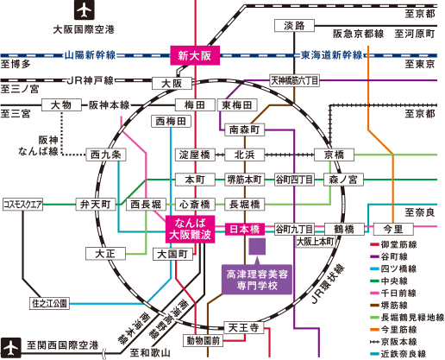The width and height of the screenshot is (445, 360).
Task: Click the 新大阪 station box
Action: pos(195,55)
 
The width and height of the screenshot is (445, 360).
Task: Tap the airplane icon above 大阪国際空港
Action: pos(85,10)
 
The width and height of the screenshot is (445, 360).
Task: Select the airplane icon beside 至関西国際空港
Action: pos(10,348)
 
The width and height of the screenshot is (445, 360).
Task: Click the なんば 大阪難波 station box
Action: pos(190,229)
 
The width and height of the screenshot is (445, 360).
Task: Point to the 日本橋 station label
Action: pos(245,230)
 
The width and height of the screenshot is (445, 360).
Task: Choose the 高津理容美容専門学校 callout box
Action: pos(257,280)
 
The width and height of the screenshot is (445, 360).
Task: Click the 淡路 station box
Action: pos(294,26)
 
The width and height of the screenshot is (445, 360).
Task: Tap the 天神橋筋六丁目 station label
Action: pos(295,80)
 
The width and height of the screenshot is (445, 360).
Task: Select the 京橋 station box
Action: pos(334,155)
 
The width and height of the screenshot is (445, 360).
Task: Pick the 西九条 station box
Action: pos(106,155)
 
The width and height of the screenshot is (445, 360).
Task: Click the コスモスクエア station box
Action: pos(22,205)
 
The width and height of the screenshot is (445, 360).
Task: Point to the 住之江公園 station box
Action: pos(49,303)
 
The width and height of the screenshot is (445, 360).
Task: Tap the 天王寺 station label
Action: pos(244,328)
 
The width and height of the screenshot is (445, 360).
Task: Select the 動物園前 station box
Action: pos(204,340)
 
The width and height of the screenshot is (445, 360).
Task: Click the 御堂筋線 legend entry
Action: pos(393,244)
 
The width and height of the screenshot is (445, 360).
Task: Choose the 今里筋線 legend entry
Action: pos(393,330)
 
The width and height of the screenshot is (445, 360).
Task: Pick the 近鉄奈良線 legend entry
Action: pos(394,354)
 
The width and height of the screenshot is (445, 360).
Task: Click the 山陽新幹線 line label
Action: pos(90,55)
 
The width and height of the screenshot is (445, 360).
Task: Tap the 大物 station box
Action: pos(61,105)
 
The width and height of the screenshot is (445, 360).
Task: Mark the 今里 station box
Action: pos(393,230)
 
